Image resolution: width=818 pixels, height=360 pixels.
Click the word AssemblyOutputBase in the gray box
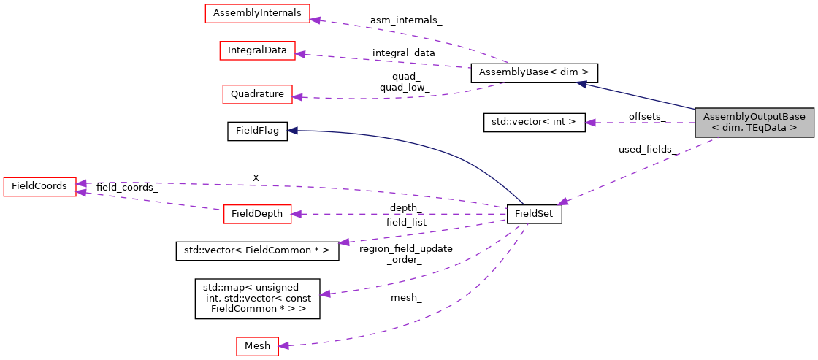(x=754, y=117)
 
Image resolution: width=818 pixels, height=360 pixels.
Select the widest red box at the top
(x=257, y=13)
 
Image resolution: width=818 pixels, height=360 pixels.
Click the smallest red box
(x=257, y=346)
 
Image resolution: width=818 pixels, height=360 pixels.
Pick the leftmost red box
(x=39, y=186)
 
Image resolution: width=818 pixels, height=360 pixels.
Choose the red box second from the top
(x=257, y=50)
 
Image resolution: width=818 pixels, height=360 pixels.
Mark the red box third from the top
(x=257, y=94)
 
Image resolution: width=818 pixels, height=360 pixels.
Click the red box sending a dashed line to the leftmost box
(x=257, y=214)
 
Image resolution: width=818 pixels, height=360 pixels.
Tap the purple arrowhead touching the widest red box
(x=315, y=19)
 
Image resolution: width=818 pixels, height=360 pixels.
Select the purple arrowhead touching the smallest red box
(x=283, y=345)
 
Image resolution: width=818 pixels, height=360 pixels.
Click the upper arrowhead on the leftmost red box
(x=81, y=183)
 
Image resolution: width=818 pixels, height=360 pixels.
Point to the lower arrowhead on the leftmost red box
(x=81, y=192)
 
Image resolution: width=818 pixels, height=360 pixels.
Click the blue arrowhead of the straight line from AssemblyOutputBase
(x=581, y=84)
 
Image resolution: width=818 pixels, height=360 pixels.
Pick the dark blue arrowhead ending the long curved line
(x=291, y=130)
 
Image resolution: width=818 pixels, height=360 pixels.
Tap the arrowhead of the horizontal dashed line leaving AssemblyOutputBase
(x=589, y=123)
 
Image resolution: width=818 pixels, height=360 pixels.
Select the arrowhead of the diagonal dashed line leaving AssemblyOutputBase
(x=562, y=202)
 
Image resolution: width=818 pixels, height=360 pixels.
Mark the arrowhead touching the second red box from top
(x=300, y=54)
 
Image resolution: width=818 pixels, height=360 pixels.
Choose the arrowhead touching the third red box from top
(x=297, y=96)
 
